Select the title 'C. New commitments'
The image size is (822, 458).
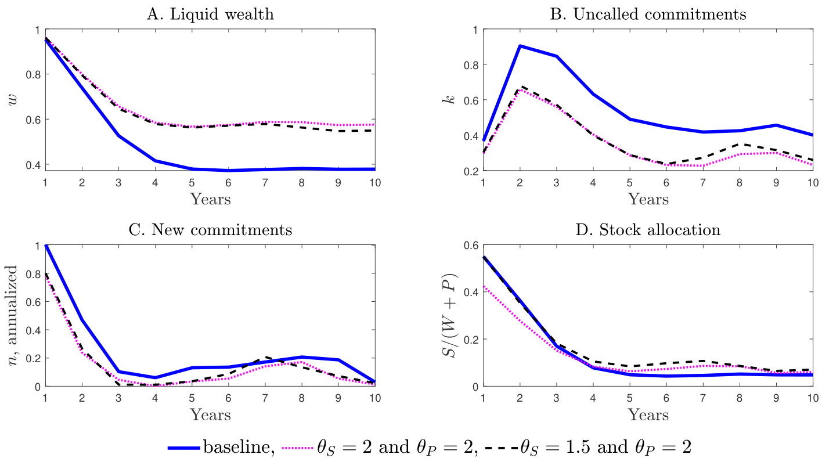click(x=210, y=230)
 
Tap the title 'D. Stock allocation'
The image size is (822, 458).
click(x=648, y=230)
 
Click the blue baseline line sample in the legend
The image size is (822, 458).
click(x=184, y=448)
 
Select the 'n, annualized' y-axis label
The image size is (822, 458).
click(x=12, y=316)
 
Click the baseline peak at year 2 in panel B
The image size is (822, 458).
click(x=520, y=46)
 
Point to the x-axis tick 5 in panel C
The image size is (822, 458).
click(x=191, y=398)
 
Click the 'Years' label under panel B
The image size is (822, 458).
click(x=648, y=199)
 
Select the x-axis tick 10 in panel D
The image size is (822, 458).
click(x=812, y=398)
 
